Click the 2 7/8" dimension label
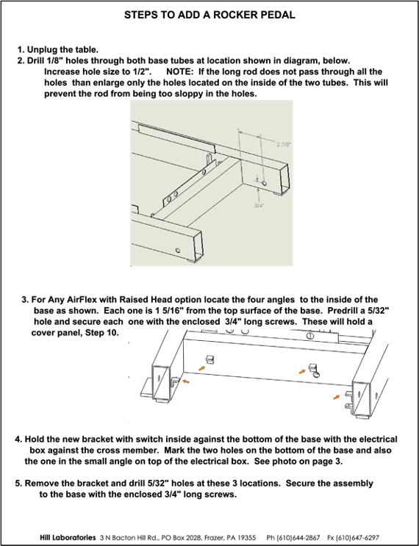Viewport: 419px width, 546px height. (283, 145)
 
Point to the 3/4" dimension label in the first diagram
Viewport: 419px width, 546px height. (259, 206)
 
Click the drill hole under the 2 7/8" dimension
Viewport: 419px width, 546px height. (265, 183)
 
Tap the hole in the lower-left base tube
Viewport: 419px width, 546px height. (179, 250)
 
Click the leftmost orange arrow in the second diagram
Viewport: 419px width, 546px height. (186, 381)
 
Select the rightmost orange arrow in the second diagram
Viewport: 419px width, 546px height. (336, 397)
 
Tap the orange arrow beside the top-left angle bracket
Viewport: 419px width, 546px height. (202, 367)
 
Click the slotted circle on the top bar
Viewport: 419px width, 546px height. (310, 336)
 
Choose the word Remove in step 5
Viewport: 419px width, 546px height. (38, 484)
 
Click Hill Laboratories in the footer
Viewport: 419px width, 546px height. (68, 537)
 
